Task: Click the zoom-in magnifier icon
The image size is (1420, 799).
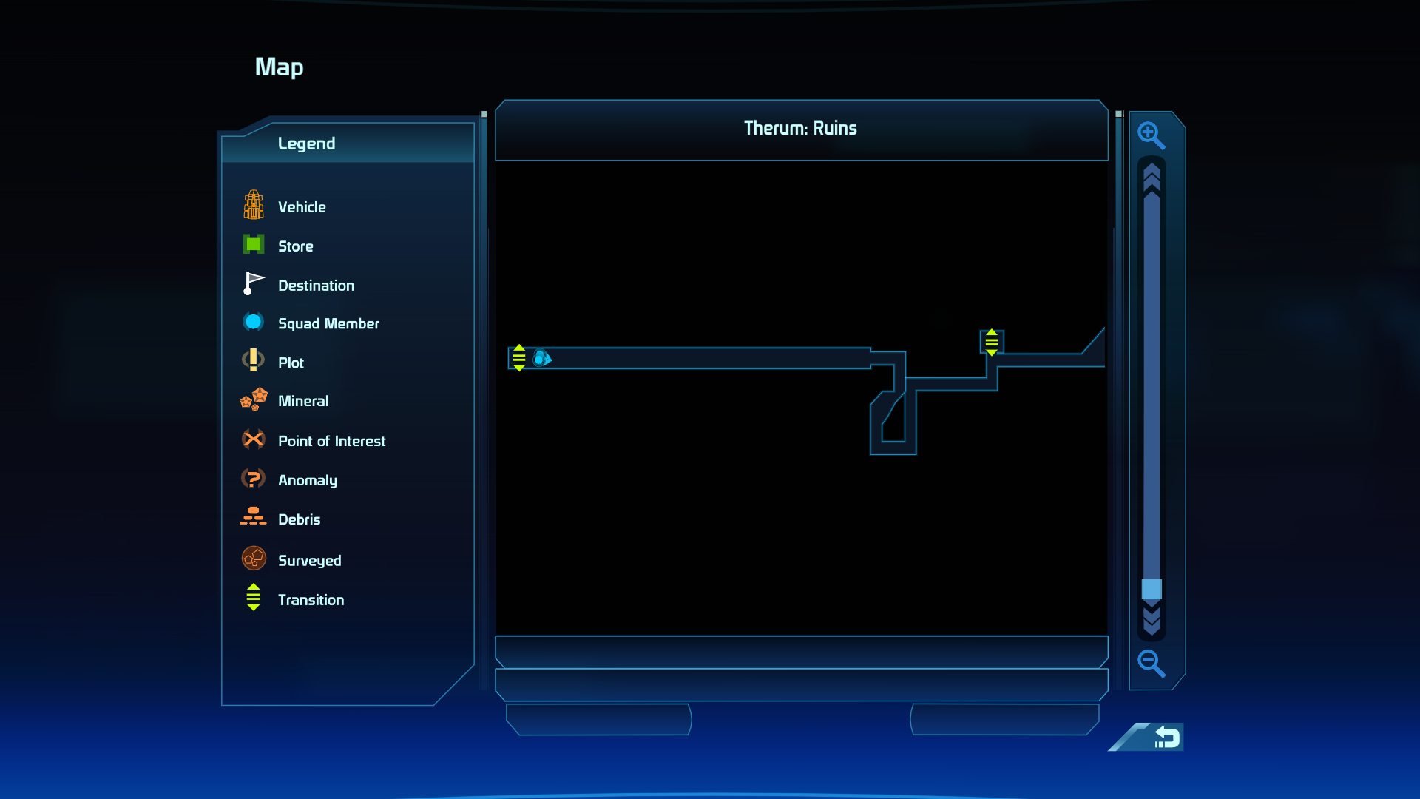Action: pos(1151,135)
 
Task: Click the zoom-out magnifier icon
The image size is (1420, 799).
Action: pos(1151,663)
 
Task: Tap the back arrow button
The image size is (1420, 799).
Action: pos(1166,737)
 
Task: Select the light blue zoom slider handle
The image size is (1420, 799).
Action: pos(1152,589)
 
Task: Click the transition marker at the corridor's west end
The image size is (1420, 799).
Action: pos(519,358)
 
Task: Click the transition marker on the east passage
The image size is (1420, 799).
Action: pos(992,343)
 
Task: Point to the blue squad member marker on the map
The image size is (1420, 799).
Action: pos(542,358)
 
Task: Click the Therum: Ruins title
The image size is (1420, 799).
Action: pos(800,128)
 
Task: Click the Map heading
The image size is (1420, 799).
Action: pos(279,67)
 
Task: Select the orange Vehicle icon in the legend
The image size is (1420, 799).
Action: pos(254,205)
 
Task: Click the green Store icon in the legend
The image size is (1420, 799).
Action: pos(254,244)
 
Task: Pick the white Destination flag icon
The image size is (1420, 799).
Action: pos(254,283)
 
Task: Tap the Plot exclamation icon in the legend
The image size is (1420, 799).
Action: pos(254,360)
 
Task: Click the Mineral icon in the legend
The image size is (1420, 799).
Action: pos(254,399)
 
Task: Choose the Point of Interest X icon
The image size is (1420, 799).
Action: pos(254,439)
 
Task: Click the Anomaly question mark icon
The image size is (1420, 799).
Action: pos(253,479)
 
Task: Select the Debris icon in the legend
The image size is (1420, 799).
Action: pos(253,516)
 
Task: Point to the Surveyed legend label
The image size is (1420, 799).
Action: pos(310,561)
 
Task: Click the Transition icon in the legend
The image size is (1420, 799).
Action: pos(254,597)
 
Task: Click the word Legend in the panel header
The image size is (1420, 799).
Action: pos(306,144)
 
